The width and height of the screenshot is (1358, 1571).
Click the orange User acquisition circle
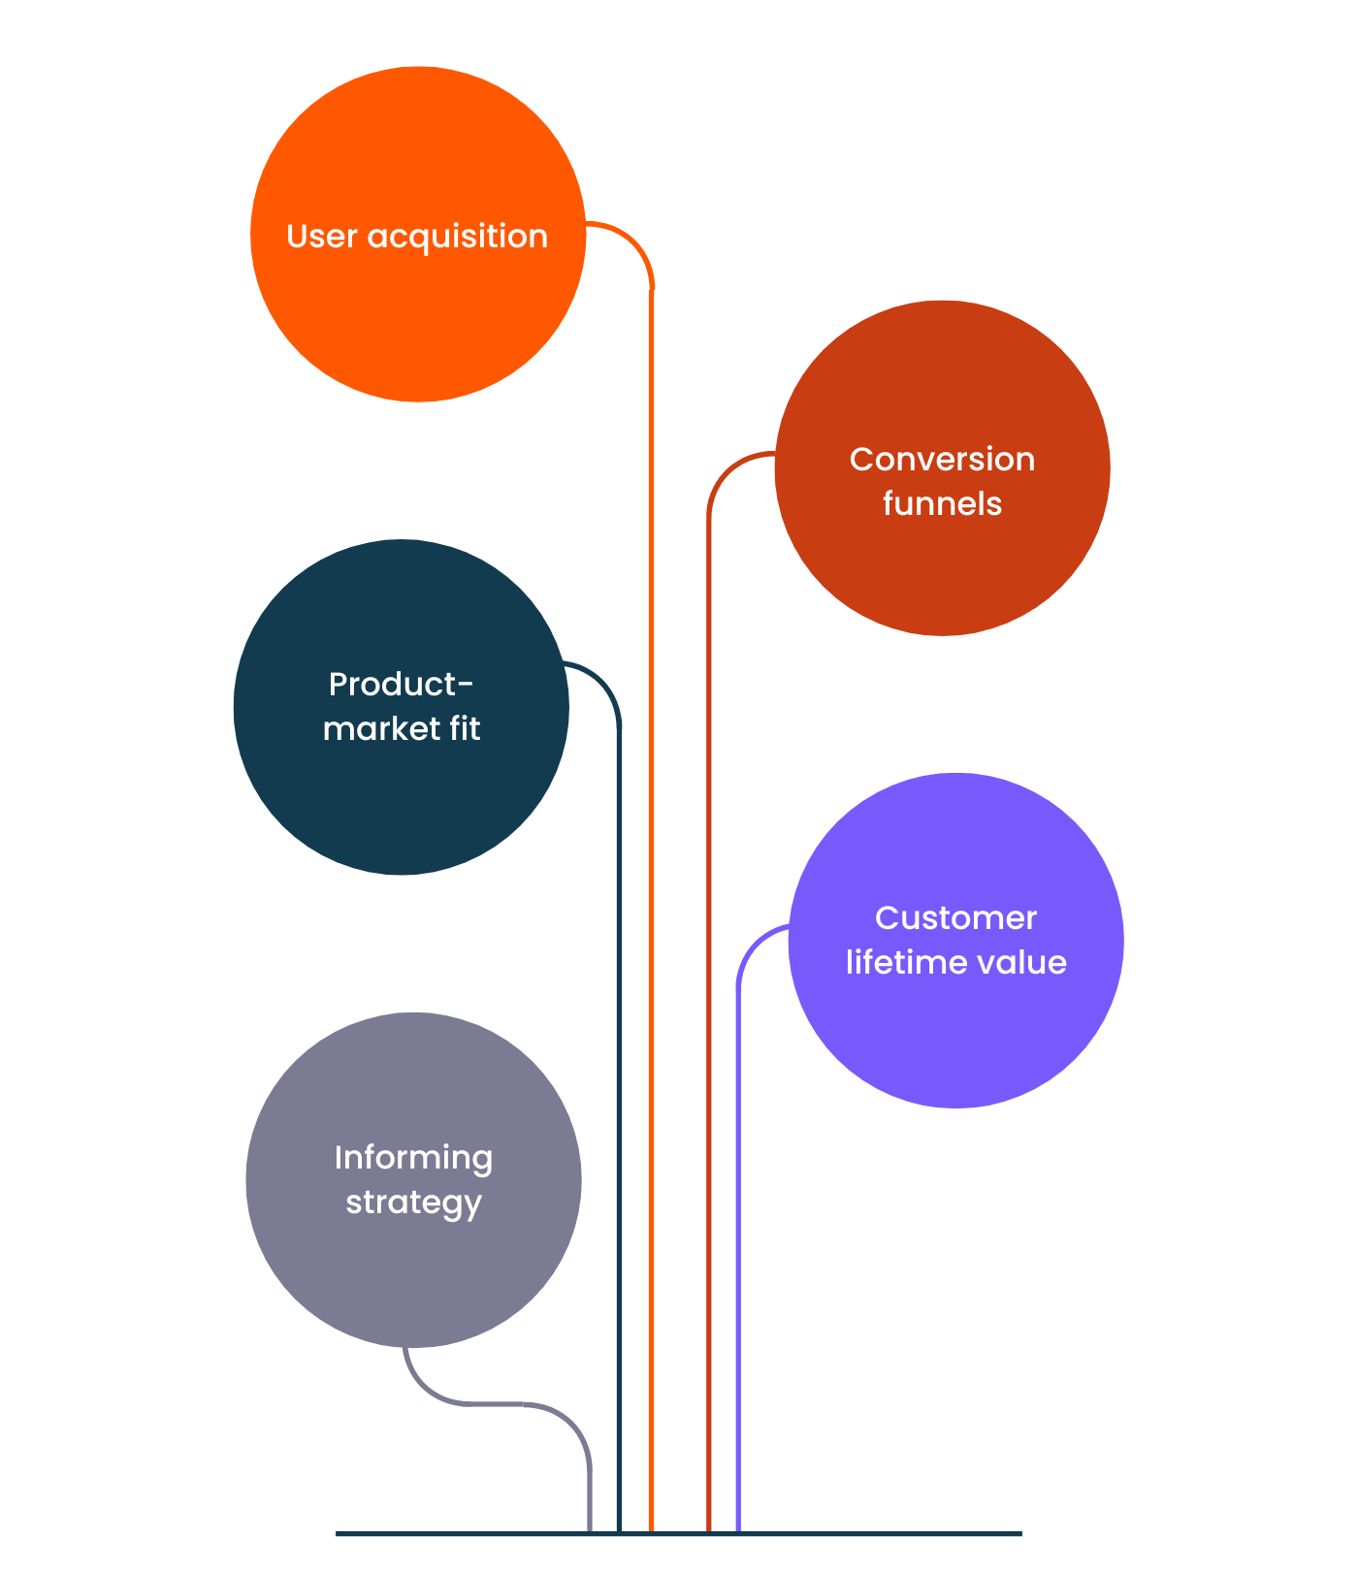[x=418, y=234]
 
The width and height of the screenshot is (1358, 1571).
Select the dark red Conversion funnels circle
[x=943, y=468]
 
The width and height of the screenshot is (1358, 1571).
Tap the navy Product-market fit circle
[x=402, y=707]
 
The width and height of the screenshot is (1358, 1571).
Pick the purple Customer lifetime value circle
[x=956, y=941]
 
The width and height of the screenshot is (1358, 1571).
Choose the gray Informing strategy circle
[x=414, y=1180]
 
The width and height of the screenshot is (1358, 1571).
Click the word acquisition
[x=458, y=238]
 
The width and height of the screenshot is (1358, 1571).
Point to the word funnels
[x=942, y=503]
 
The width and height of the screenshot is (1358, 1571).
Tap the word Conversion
[x=943, y=459]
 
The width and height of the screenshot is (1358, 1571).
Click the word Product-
[x=402, y=684]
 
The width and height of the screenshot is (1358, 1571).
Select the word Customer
[x=956, y=917]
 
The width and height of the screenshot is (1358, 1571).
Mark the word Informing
[x=414, y=1159]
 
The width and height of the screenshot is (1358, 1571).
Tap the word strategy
[x=414, y=1203]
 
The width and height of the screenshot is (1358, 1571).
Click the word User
[x=322, y=237]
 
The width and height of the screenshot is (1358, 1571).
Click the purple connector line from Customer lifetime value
[x=738, y=1212]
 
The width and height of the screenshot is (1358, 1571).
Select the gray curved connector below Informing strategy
[x=524, y=1403]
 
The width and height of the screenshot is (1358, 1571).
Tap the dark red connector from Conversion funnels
[x=709, y=970]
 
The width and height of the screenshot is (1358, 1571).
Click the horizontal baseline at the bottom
[x=679, y=1533]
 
